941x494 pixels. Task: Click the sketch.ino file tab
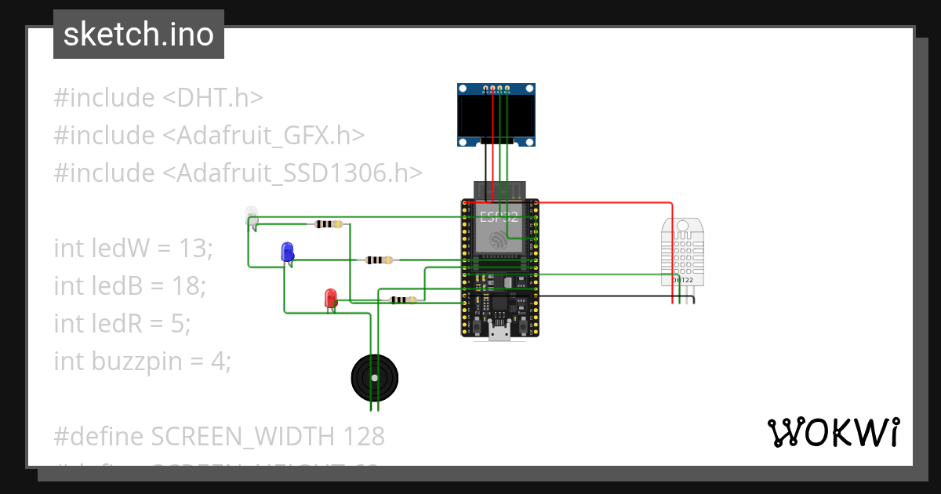coord(139,35)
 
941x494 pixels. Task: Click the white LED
coord(252,215)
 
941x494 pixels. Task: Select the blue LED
coord(288,252)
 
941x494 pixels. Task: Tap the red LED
coord(331,298)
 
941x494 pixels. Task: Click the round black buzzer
coord(374,378)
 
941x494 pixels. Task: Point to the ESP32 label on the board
coord(499,217)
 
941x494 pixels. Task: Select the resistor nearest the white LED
coord(328,224)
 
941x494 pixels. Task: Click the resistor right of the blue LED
coord(380,260)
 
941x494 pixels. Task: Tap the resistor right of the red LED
coord(402,300)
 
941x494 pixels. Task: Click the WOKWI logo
coord(833,432)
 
